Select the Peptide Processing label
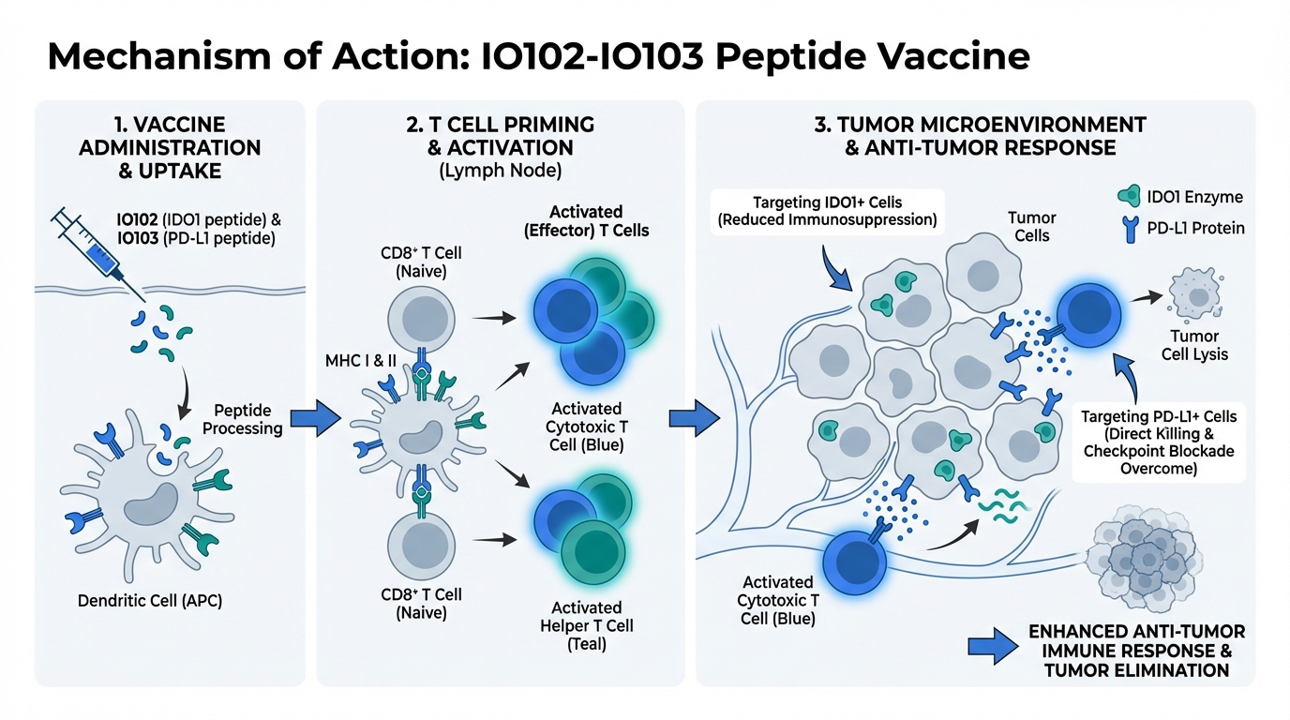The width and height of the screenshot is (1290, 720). (x=247, y=420)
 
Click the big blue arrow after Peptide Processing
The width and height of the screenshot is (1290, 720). (x=313, y=420)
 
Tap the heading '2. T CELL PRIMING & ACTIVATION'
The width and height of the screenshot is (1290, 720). (x=501, y=137)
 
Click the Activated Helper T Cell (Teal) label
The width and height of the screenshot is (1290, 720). (x=586, y=625)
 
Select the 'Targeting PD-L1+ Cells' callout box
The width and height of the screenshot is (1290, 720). (x=1158, y=442)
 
